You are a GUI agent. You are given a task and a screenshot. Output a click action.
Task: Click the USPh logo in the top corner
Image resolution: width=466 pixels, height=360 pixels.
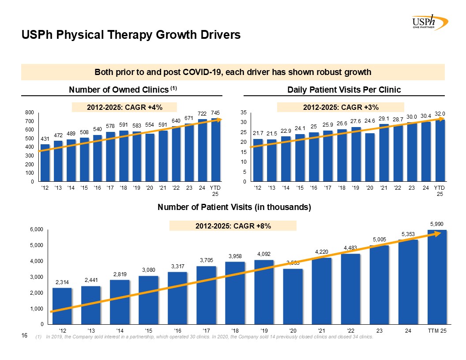[x=428, y=22]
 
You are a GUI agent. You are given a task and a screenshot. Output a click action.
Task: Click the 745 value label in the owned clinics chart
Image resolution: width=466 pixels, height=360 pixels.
[x=215, y=113]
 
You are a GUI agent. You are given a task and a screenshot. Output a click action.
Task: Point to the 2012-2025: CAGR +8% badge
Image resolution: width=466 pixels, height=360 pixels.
[x=233, y=226]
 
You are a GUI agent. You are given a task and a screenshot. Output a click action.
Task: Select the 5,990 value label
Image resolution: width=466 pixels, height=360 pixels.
[x=437, y=224]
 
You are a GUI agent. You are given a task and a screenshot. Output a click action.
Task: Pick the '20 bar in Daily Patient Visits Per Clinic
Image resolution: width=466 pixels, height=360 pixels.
[x=370, y=157]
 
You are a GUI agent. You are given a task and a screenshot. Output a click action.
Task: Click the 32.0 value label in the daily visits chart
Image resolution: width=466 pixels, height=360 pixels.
[x=440, y=113]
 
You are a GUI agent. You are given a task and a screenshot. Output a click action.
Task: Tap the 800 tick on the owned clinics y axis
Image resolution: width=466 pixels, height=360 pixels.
[x=29, y=112]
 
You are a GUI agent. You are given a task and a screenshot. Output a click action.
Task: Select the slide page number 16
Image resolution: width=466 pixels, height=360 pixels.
[x=25, y=337]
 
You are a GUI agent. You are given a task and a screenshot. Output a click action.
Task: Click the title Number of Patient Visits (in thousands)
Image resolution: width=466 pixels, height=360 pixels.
[x=234, y=207]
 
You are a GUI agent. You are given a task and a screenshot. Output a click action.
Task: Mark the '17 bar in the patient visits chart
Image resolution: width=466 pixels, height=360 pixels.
[x=206, y=295]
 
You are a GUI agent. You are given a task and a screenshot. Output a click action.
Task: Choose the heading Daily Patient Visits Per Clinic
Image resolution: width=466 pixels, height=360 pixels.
[x=344, y=90]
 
